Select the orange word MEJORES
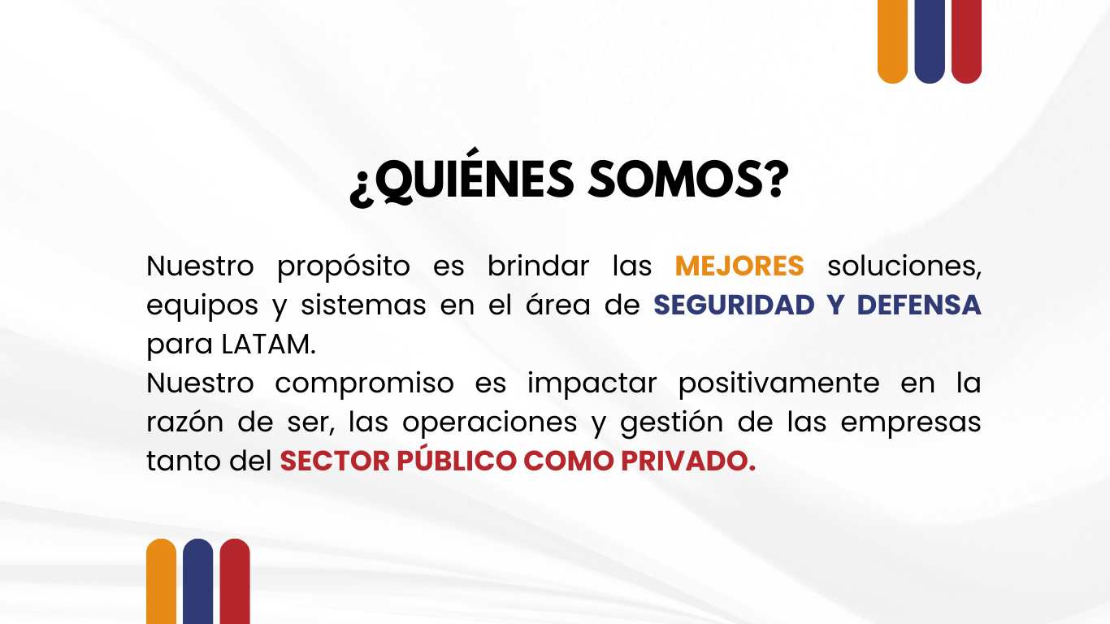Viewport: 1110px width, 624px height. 739,266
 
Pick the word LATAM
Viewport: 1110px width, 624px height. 267,344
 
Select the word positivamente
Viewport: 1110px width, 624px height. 778,383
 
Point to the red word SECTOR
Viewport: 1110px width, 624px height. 334,461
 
